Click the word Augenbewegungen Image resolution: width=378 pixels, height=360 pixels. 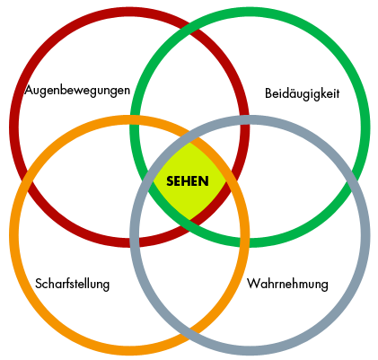pos(77,91)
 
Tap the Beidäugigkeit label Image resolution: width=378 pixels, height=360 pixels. pos(303,93)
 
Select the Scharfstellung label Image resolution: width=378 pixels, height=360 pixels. pos(72,284)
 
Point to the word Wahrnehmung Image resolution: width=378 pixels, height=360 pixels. pos(287,284)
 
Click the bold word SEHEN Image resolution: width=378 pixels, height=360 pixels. pos(188,181)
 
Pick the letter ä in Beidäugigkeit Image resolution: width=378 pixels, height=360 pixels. pos(293,93)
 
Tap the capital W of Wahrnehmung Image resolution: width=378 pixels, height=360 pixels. pos(253,283)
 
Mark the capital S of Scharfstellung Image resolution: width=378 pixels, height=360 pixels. pos(38,284)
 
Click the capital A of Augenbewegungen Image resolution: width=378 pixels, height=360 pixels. pos(29,90)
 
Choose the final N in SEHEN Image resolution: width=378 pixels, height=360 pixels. pos(204,181)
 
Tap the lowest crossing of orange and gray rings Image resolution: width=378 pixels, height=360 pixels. pos(189,335)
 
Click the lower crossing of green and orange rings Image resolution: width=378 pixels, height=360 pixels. pos(244,241)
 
